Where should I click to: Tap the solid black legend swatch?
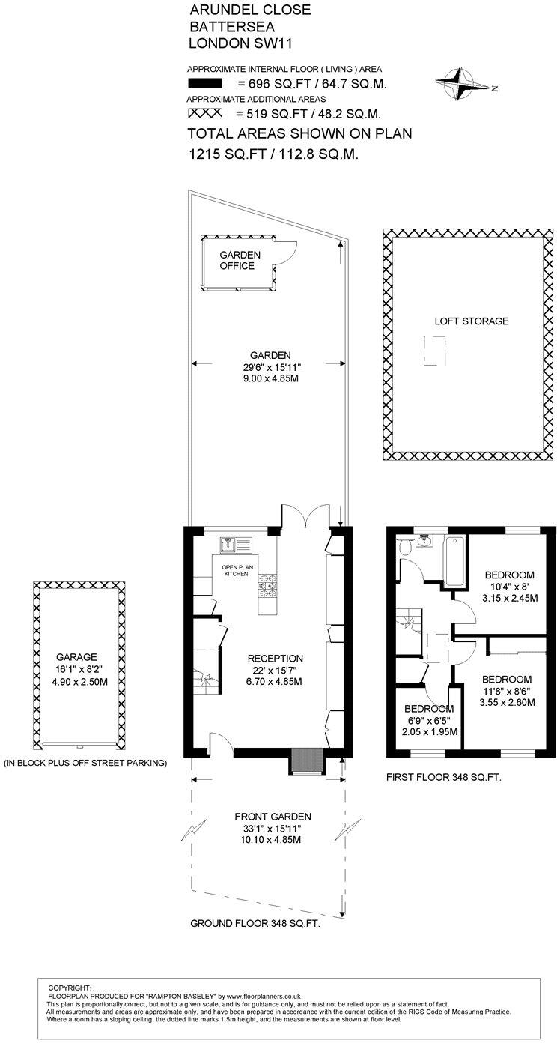[x=204, y=84]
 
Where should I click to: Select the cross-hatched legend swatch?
[x=204, y=113]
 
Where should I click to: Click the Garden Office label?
[x=240, y=260]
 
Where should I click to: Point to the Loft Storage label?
[x=472, y=321]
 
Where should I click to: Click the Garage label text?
[x=77, y=657]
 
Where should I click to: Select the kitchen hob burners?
[x=268, y=587]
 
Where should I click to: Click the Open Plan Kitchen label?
[x=237, y=570]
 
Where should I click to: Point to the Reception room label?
[x=275, y=659]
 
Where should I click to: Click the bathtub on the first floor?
[x=454, y=561]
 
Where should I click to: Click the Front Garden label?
[x=273, y=816]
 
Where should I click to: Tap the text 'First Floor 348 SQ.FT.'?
[x=444, y=777]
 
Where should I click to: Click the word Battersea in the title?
[x=232, y=26]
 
